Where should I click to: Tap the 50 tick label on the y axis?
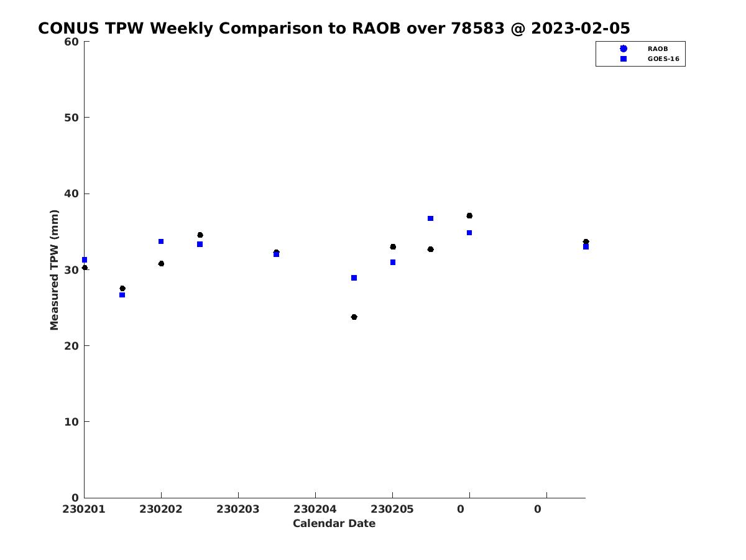71,118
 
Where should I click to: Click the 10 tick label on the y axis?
71,422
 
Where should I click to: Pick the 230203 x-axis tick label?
238,509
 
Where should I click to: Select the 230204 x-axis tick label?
315,509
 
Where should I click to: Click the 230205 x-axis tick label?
392,509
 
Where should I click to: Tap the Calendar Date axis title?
334,523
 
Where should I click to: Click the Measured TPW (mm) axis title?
54,270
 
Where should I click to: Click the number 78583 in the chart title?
477,28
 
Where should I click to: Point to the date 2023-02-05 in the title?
581,28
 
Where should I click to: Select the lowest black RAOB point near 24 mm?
354,317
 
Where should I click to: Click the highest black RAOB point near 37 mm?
469,215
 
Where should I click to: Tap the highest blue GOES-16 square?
431,218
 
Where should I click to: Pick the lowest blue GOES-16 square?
122,295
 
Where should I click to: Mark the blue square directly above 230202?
161,241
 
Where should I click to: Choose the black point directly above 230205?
393,247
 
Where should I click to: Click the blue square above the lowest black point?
354,278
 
